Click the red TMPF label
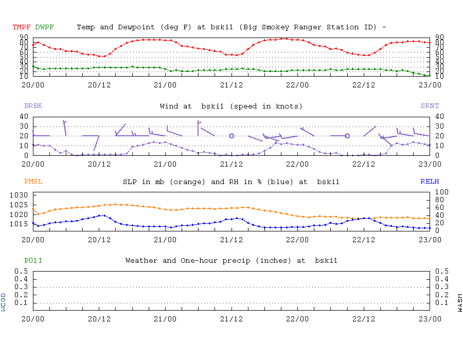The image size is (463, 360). pos(22,27)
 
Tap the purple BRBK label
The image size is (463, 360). pos(33,106)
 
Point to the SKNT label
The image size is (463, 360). pos(430,106)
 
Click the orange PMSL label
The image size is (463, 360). pos(33,182)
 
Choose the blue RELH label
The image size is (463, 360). pos(430,182)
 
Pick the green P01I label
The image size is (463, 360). pos(33,261)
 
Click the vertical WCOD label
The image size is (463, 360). pos(4,302)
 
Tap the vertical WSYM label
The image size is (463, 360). pos(459,302)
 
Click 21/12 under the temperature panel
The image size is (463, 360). pos(231,85)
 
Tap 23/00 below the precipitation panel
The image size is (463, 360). pos(430,318)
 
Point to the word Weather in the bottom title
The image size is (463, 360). pos(140,261)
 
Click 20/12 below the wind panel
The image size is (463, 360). pos(99,164)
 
